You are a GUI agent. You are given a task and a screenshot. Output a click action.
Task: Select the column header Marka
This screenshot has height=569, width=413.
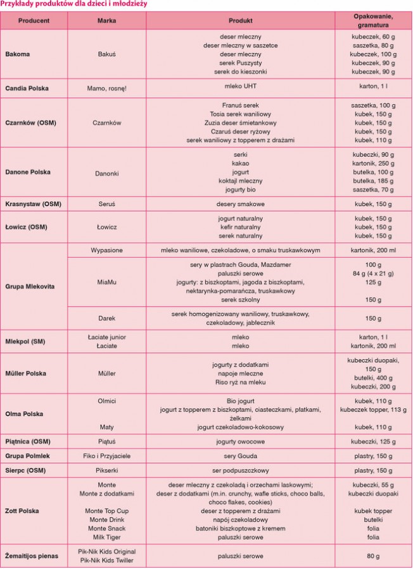click(106, 20)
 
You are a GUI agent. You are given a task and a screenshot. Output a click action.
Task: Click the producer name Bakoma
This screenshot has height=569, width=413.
click(18, 54)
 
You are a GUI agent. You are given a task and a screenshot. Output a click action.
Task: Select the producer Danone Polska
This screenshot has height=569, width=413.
click(28, 172)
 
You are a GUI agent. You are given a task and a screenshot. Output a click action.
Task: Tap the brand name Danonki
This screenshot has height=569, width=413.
click(106, 172)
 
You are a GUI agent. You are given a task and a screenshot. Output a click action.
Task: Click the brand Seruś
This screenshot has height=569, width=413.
click(106, 204)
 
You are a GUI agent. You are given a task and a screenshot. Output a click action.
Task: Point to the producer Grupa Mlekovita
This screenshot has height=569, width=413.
click(30, 286)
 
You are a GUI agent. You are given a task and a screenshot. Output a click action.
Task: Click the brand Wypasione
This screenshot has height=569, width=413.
click(106, 250)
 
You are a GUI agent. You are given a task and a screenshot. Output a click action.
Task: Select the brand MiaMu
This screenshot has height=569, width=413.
click(106, 282)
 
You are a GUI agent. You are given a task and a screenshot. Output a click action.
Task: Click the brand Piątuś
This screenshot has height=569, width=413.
click(106, 441)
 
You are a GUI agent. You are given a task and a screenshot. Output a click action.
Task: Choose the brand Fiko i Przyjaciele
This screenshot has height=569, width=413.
click(106, 455)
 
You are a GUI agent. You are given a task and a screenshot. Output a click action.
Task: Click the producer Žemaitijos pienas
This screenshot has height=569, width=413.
click(32, 556)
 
